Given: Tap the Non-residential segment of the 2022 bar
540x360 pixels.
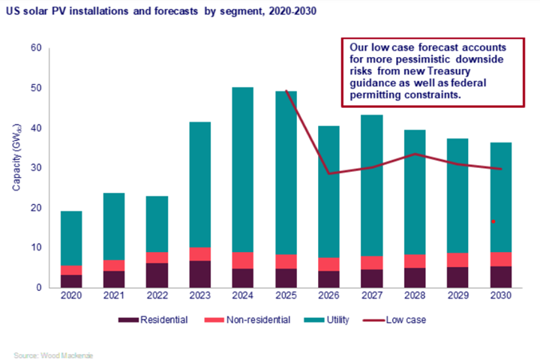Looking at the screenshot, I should (157, 257).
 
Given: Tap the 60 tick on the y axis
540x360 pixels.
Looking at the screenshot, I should (35, 48).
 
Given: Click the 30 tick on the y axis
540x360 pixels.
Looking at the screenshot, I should (35, 168).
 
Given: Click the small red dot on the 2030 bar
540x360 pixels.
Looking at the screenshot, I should (493, 222).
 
